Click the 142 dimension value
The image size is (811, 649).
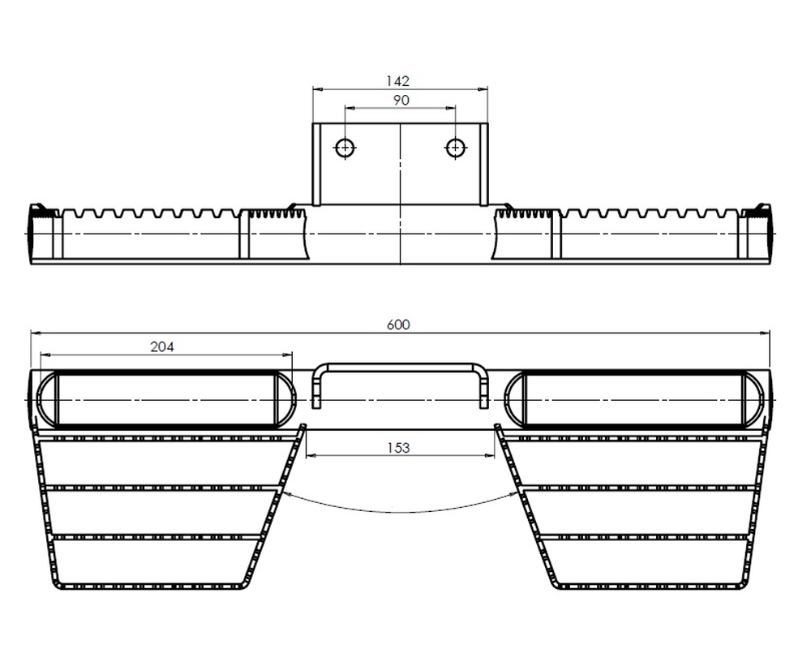pyautogui.click(x=397, y=81)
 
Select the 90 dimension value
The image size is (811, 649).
pyautogui.click(x=401, y=100)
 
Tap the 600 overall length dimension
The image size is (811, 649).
pyautogui.click(x=398, y=325)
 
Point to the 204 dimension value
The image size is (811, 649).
pyautogui.click(x=162, y=346)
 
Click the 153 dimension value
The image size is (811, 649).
pyautogui.click(x=398, y=448)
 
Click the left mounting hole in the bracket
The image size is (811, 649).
pyautogui.click(x=345, y=148)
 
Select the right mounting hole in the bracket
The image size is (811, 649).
pyautogui.click(x=455, y=148)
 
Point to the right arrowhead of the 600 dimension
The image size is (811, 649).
pyautogui.click(x=765, y=333)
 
